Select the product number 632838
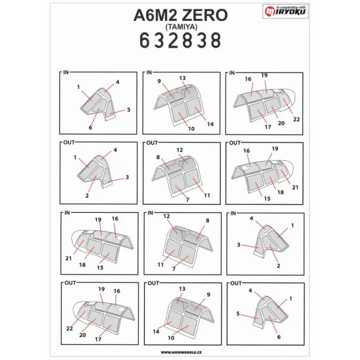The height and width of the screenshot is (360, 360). [180, 41]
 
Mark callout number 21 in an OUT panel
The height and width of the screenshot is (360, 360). [297, 187]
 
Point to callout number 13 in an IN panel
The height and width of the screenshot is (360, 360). [183, 78]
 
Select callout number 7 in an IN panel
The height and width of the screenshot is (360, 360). [174, 268]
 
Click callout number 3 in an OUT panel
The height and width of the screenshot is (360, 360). [127, 177]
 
